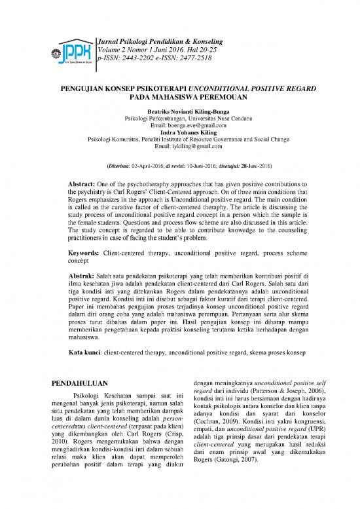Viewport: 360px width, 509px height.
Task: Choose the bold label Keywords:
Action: pos(86,252)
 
